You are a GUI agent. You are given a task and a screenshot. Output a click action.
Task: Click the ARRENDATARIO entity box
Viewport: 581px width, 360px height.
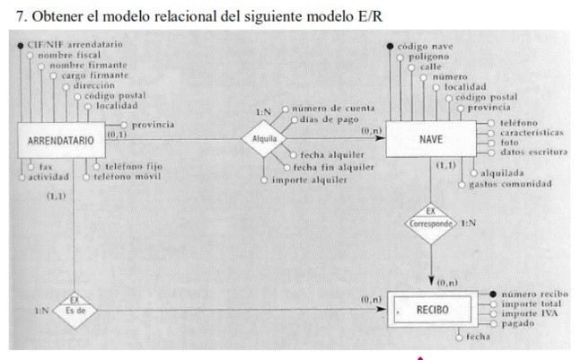pos(60,141)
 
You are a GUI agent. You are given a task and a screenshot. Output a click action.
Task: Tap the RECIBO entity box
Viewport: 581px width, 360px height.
pos(431,311)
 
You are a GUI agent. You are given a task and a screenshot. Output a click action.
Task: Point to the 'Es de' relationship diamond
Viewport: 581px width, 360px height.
pos(75,310)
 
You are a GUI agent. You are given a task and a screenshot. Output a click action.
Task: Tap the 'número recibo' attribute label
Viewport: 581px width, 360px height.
pos(533,294)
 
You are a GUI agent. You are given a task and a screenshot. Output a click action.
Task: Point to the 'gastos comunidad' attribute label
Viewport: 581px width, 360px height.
pos(504,184)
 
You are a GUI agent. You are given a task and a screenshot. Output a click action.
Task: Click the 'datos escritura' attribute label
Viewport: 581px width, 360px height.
pos(533,152)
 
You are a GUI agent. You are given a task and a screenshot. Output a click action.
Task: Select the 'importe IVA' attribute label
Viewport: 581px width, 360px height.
pos(527,313)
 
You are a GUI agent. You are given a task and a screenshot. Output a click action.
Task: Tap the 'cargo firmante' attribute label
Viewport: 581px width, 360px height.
pos(93,75)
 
